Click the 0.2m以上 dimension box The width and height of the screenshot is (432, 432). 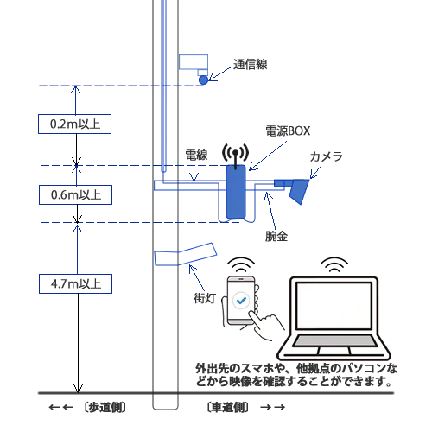74,124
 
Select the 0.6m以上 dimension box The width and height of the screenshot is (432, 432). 75,194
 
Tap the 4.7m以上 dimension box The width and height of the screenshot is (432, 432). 75,283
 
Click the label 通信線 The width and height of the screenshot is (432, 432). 250,64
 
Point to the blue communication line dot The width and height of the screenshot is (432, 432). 203,79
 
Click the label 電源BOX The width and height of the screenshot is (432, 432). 288,131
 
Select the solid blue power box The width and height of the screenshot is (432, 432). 236,192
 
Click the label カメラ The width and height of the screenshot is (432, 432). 326,156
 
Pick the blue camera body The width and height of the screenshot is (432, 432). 295,189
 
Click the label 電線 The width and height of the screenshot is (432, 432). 196,155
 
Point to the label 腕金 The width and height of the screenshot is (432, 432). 276,236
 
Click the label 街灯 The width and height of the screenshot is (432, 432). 205,298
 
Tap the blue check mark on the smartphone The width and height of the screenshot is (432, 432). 241,301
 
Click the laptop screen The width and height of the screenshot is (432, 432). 334,305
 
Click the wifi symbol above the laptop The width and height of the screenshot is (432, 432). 334,265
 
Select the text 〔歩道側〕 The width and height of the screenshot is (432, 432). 105,407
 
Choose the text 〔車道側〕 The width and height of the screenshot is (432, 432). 227,407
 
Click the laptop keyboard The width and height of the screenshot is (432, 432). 334,340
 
